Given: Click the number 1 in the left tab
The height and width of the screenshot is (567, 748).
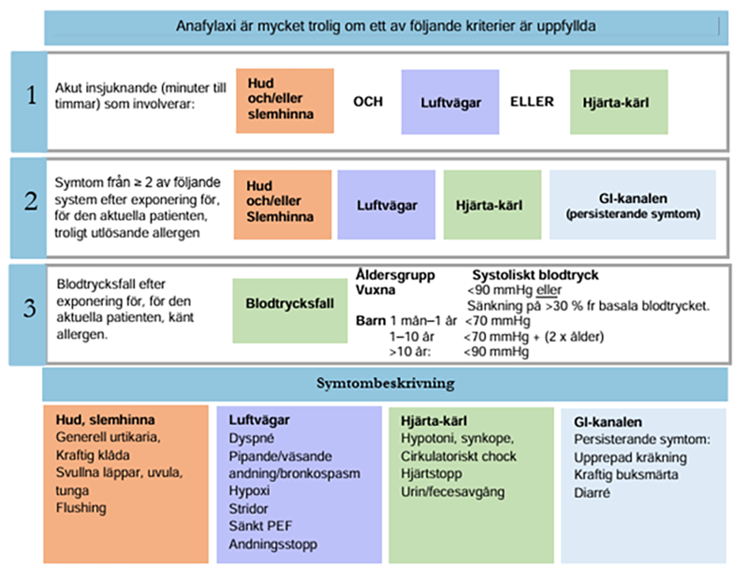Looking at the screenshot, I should tap(31, 97).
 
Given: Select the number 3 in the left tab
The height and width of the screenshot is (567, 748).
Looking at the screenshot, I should tap(30, 307).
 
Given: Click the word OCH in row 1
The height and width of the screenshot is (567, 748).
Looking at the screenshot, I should tap(367, 101).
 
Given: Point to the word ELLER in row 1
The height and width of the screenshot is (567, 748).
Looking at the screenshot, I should tap(533, 101).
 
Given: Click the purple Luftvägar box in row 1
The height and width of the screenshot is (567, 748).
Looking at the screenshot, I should tap(450, 101).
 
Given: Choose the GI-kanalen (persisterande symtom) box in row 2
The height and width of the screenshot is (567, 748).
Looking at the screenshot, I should tap(632, 205).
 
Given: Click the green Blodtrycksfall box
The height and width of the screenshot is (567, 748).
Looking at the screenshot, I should tap(290, 303).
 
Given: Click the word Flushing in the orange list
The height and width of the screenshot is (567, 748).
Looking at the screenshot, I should tap(80, 508).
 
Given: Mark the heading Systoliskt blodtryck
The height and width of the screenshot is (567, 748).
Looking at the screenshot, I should tap(535, 275).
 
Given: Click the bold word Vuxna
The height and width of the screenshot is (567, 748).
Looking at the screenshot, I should tap(375, 290).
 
